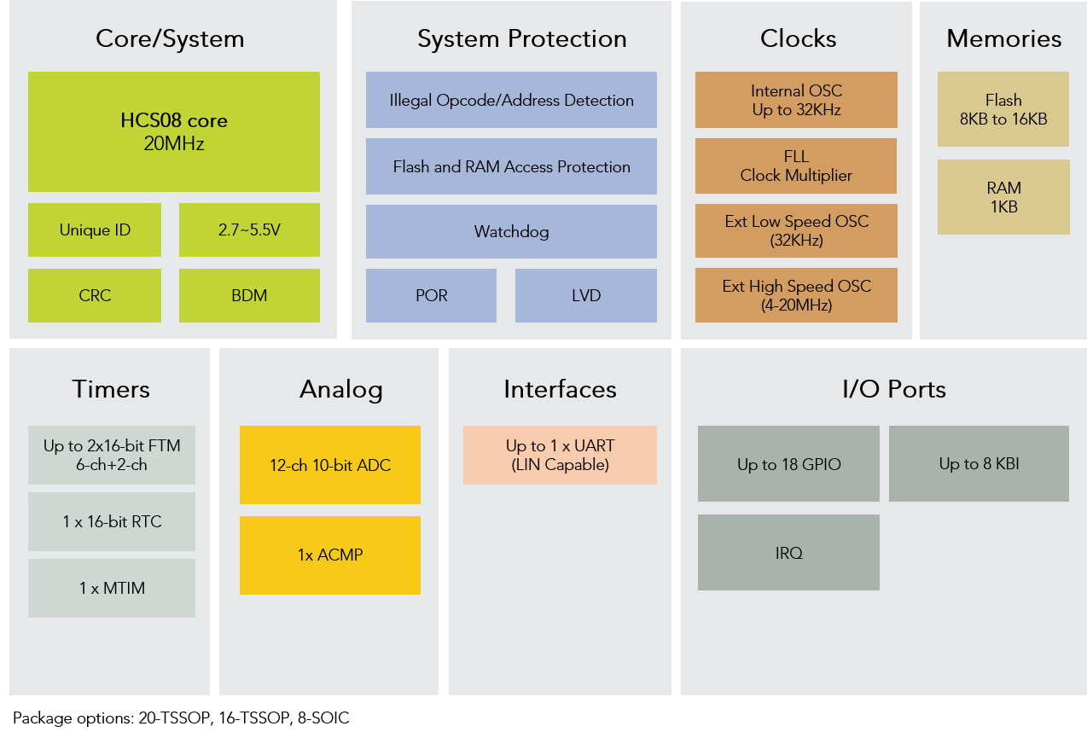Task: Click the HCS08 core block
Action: [x=174, y=131]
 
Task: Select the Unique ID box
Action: [x=95, y=230]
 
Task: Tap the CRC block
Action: [x=95, y=295]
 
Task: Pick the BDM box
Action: [x=249, y=295]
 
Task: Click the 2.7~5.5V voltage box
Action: [x=249, y=230]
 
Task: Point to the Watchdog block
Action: [x=511, y=231]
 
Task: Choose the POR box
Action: [x=431, y=295]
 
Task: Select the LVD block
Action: [x=586, y=295]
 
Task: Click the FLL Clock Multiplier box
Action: [x=796, y=166]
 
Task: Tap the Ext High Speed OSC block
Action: [x=796, y=295]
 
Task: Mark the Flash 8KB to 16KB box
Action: [x=1003, y=109]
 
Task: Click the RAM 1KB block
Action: [x=1003, y=197]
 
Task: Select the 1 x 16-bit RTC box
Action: [x=112, y=521]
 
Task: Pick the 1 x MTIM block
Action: [x=112, y=588]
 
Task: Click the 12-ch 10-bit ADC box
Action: [x=330, y=465]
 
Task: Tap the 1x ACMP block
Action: [x=330, y=555]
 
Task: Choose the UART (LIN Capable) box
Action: [x=560, y=455]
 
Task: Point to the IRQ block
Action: [x=788, y=553]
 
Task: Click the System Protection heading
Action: [x=521, y=38]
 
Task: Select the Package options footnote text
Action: [x=181, y=718]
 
